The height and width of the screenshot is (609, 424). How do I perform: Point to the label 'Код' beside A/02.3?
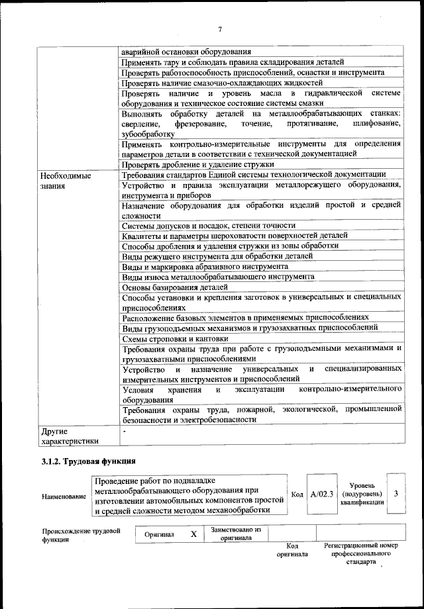click(x=297, y=494)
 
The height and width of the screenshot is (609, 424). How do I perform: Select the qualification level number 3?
click(x=396, y=494)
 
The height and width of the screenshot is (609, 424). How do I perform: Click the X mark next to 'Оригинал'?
click(x=193, y=534)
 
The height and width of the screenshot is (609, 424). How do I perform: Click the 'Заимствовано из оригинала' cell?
click(x=237, y=534)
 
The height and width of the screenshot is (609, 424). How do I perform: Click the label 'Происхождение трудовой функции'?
click(x=80, y=534)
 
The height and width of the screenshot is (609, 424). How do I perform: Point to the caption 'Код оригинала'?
click(x=292, y=549)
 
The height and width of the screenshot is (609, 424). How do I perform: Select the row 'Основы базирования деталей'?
click(x=175, y=287)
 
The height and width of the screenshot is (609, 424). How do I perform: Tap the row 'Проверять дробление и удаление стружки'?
click(x=198, y=164)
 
